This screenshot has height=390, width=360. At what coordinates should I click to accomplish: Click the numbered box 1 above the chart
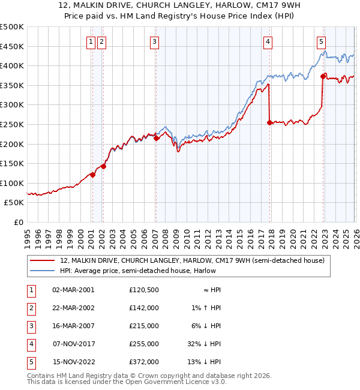point(91,41)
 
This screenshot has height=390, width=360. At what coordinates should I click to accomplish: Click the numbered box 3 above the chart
point(155,41)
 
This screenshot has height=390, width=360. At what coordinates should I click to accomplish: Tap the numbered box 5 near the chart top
point(322,41)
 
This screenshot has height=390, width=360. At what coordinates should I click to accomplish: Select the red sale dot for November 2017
point(269,122)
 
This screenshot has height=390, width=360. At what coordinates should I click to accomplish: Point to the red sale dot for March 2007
point(156,138)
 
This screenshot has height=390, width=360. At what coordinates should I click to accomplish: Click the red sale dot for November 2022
point(323,76)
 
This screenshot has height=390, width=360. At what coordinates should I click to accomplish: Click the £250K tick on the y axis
point(12,124)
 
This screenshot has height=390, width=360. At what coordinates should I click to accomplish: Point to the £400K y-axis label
point(12,65)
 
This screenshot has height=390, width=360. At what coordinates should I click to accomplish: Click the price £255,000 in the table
point(143,344)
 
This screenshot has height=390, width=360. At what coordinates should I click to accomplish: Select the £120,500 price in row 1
point(143,290)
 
